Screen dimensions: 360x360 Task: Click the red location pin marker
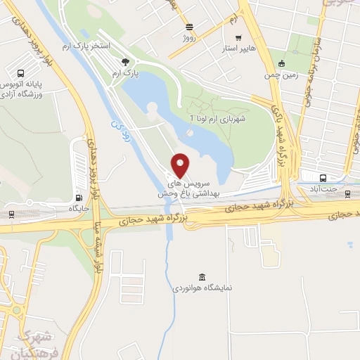point(180,165)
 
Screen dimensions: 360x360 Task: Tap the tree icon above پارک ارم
point(125,62)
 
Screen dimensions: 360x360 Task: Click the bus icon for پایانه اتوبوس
point(20,73)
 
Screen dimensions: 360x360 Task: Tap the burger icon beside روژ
point(189,26)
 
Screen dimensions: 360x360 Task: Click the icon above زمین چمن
point(282,63)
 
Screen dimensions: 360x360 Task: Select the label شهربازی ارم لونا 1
point(221,119)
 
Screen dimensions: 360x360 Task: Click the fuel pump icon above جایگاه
point(77,198)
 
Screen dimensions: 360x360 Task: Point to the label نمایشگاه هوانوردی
point(203,288)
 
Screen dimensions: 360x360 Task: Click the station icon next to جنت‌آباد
point(322,177)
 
